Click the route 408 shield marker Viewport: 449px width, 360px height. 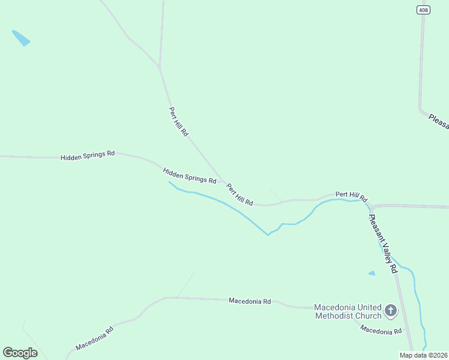pyautogui.click(x=423, y=10)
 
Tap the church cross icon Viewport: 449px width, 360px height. pyautogui.click(x=391, y=311)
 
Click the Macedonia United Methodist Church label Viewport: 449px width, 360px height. pyautogui.click(x=348, y=311)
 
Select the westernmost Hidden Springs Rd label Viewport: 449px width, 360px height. pyautogui.click(x=87, y=155)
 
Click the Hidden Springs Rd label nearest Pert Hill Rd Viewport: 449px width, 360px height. pyautogui.click(x=190, y=176)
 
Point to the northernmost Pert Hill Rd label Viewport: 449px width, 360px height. pyautogui.click(x=178, y=121)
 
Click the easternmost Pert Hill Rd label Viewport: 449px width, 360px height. pyautogui.click(x=351, y=196)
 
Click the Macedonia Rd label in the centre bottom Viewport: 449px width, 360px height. pyautogui.click(x=250, y=301)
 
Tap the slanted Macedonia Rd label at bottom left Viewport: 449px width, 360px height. pyautogui.click(x=94, y=339)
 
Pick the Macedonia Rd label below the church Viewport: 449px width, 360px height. pyautogui.click(x=381, y=331)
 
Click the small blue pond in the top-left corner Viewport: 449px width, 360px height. pyautogui.click(x=21, y=38)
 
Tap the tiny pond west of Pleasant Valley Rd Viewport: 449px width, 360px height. pyautogui.click(x=372, y=273)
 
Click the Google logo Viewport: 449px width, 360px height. pyautogui.click(x=20, y=353)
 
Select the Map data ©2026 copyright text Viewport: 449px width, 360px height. pyautogui.click(x=423, y=355)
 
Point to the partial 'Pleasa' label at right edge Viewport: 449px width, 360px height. pyautogui.click(x=439, y=120)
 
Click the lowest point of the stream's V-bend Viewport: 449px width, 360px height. pyautogui.click(x=268, y=235)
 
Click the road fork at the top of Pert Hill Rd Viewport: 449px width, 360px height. pyautogui.click(x=159, y=67)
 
